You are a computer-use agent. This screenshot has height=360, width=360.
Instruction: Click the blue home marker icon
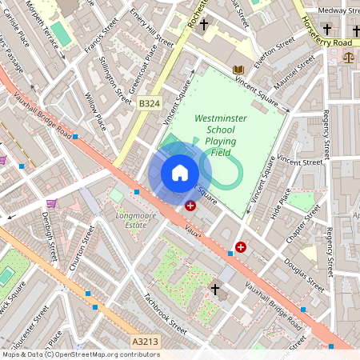pyautogui.click(x=180, y=173)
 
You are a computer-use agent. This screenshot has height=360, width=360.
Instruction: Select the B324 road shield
pyautogui.click(x=150, y=104)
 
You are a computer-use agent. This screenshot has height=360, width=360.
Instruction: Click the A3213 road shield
pyautogui.click(x=145, y=342)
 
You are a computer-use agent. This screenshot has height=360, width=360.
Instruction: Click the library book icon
pyautogui.click(x=238, y=70)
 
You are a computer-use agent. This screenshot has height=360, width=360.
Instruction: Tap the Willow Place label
pyautogui.click(x=95, y=110)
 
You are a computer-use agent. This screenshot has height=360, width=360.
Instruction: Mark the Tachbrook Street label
pyautogui.click(x=165, y=313)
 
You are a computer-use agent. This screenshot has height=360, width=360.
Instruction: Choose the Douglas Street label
pyautogui.click(x=305, y=272)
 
